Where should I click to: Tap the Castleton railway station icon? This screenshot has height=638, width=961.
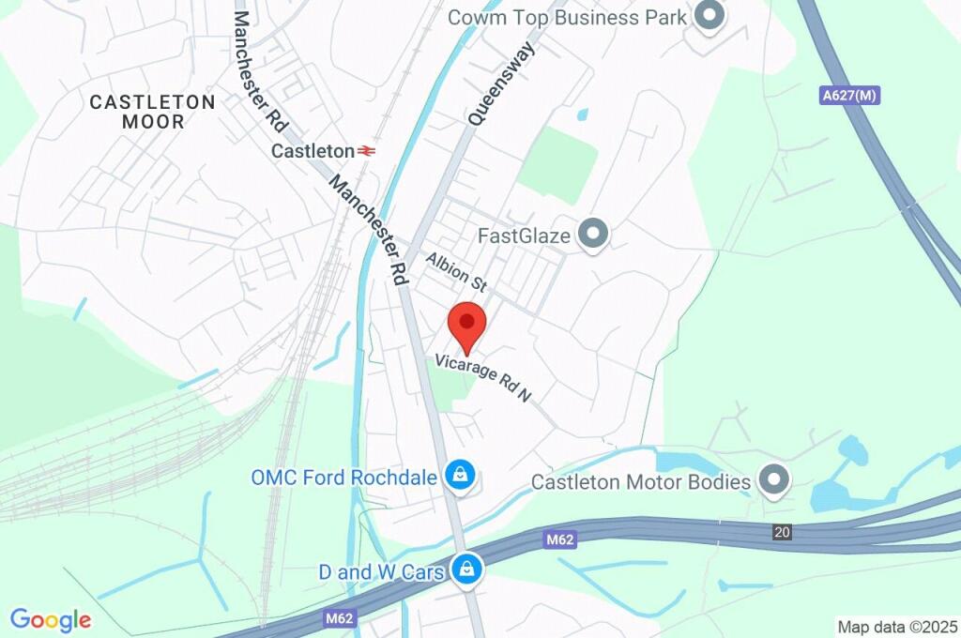pyautogui.click(x=367, y=150)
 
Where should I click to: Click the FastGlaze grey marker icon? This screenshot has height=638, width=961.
pyautogui.click(x=592, y=235)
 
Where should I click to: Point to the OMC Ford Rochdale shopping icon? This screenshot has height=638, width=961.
pyautogui.click(x=460, y=477)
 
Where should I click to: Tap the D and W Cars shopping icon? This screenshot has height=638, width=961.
pyautogui.click(x=466, y=569)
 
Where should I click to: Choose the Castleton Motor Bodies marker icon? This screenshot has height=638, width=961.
pyautogui.click(x=773, y=481)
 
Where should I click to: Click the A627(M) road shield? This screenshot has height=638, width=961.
pyautogui.click(x=853, y=96)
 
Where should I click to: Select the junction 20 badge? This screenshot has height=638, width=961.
pyautogui.click(x=782, y=532)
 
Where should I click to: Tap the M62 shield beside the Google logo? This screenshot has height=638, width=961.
pyautogui.click(x=336, y=619)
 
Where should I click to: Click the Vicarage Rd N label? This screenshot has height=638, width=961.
pyautogui.click(x=482, y=378)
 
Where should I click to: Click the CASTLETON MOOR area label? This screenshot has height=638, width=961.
pyautogui.click(x=152, y=112)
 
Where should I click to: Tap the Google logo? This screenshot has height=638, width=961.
pyautogui.click(x=51, y=619)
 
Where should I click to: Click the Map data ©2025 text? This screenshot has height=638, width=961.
pyautogui.click(x=897, y=626)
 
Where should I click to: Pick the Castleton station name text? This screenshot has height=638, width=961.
pyautogui.click(x=313, y=150)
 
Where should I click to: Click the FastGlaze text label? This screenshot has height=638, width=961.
pyautogui.click(x=524, y=235)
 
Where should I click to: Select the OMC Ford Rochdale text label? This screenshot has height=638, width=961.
pyautogui.click(x=343, y=478)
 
